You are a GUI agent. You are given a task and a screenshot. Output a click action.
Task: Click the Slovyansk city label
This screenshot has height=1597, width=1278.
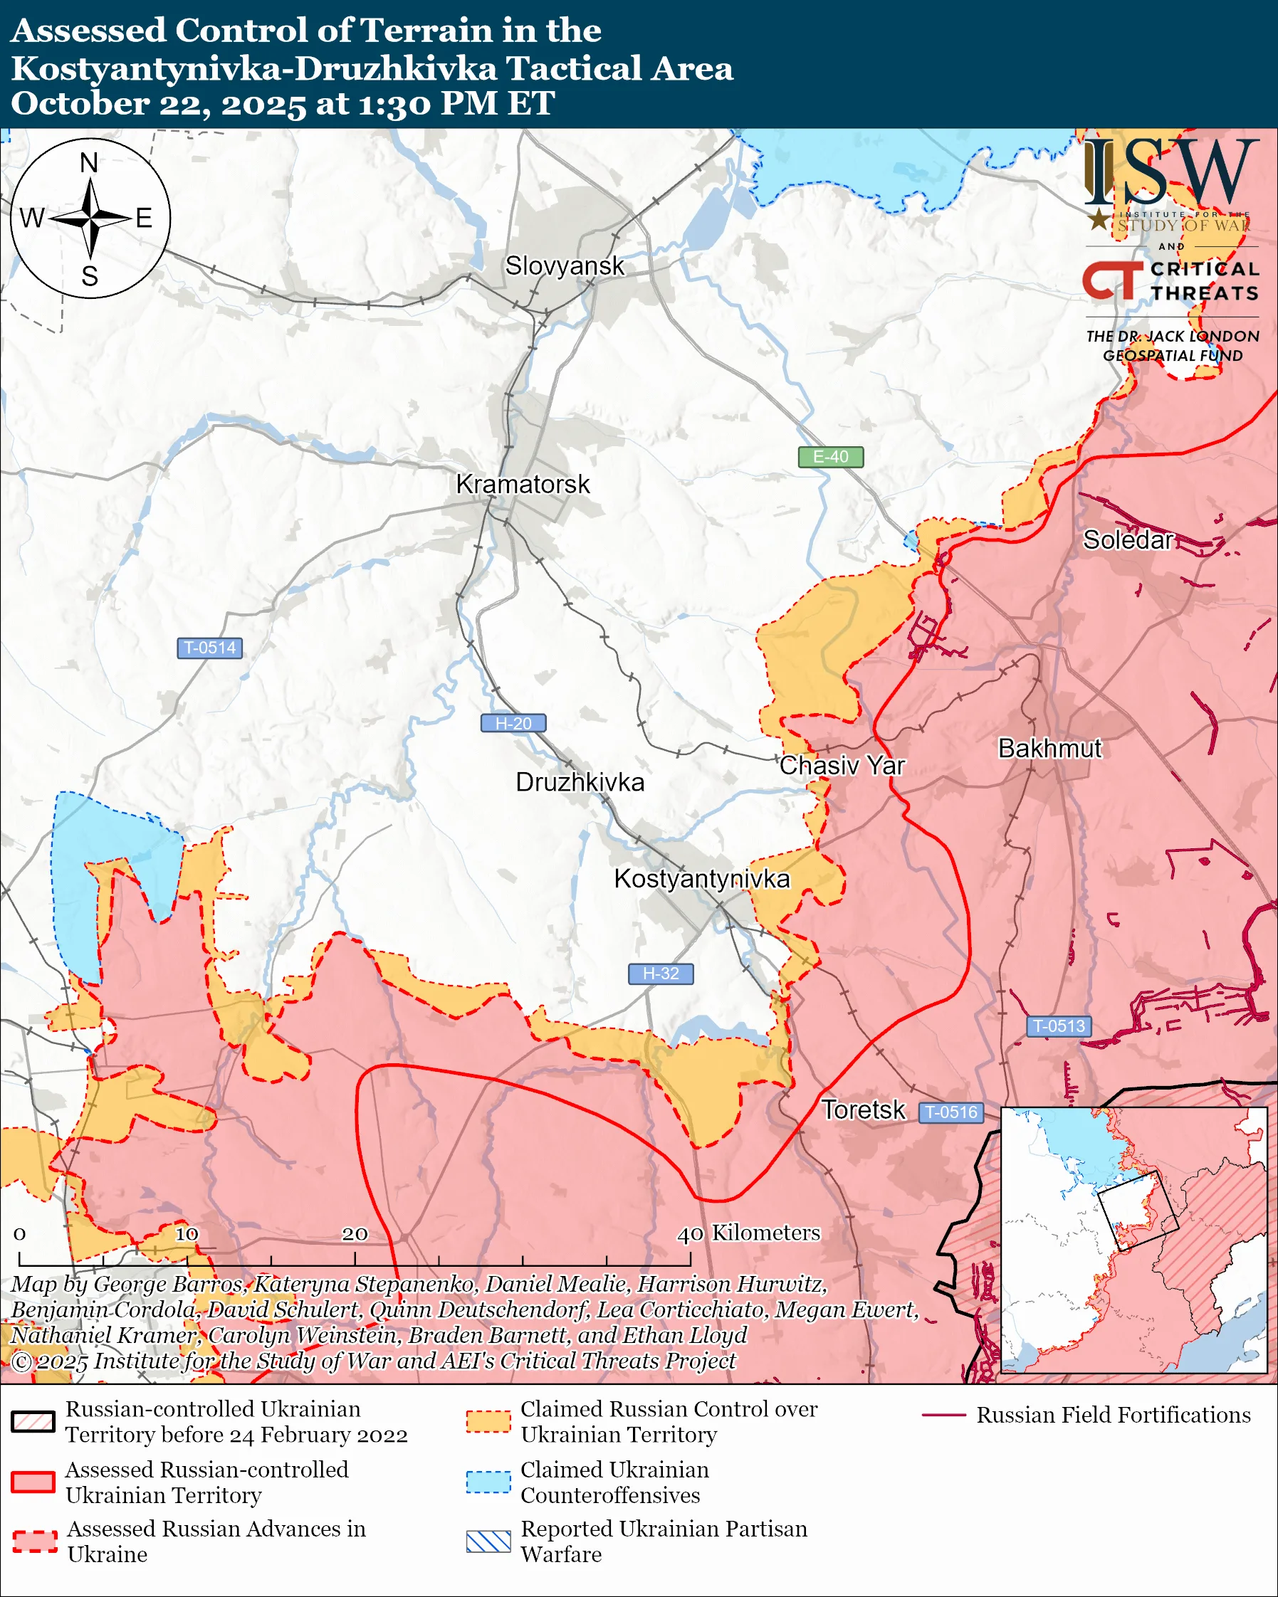565,266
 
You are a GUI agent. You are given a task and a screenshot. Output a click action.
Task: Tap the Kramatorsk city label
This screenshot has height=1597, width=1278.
523,485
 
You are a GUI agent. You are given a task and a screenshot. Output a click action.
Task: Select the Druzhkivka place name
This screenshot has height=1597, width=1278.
580,782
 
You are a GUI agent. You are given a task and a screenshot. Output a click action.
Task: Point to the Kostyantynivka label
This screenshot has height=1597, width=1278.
701,878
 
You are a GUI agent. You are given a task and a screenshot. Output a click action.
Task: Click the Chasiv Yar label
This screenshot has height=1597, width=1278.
842,765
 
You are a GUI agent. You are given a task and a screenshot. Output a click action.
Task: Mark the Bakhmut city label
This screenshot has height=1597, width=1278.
1049,748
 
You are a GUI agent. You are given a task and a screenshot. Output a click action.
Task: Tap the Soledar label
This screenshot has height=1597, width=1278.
1128,540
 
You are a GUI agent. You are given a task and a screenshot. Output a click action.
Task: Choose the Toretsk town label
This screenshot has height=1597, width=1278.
863,1110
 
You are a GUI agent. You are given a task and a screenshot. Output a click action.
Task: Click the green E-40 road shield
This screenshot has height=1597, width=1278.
830,457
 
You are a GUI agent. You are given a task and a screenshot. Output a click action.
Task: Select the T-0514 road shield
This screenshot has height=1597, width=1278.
209,648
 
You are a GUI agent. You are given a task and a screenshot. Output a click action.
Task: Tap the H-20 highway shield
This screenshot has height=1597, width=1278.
513,723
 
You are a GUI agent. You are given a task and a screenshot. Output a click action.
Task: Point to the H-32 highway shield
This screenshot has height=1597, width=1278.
661,974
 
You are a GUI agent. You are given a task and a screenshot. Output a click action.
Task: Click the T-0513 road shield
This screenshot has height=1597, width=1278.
1059,1026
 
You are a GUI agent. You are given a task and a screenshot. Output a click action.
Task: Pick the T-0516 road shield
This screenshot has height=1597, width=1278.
951,1112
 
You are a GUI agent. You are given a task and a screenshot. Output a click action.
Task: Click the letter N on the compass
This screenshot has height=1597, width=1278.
89,162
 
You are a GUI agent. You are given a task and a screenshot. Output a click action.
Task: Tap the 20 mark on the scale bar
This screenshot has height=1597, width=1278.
354,1234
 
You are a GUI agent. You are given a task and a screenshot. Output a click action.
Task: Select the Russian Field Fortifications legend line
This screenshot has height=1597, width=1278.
944,1415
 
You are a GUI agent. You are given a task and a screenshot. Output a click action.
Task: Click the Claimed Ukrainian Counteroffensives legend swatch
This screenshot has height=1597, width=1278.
488,1482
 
